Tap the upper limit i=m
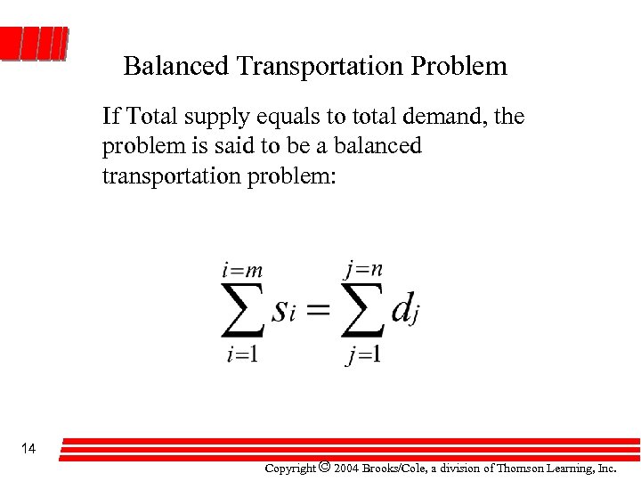pos(242,268)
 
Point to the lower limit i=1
pos(242,354)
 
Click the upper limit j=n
pos(363,266)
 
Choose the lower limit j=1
pos(363,355)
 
